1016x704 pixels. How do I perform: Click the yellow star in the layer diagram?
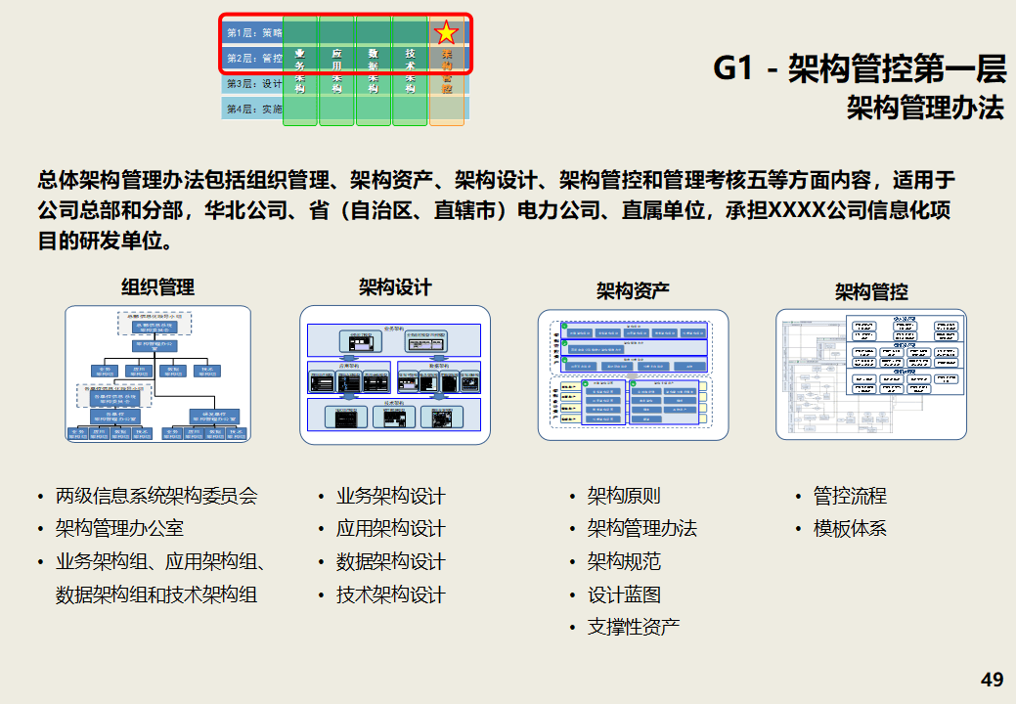coord(447,32)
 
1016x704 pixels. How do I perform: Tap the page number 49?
coord(992,680)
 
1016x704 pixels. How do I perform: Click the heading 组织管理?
coord(157,286)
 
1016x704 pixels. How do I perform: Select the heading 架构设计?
coord(395,286)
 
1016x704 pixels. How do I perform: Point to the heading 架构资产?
coord(633,290)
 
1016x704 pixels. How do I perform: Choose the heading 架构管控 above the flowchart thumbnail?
coord(871,291)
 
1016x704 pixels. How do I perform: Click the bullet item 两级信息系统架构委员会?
coord(156,496)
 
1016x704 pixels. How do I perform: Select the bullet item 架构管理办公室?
coord(119,529)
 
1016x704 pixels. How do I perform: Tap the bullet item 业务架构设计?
coord(390,496)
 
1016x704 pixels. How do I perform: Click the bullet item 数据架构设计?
coord(390,562)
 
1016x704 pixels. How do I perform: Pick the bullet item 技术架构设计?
coord(390,594)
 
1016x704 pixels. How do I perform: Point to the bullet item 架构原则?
coord(623,496)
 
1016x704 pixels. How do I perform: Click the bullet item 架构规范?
coord(623,561)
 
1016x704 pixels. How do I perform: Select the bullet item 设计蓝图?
coord(623,594)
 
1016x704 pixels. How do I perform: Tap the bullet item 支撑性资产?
coord(633,627)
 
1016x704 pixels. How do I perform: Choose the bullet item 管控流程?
coord(849,496)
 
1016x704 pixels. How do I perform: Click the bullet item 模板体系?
coord(849,529)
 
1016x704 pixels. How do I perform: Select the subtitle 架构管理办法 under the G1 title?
coord(925,108)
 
